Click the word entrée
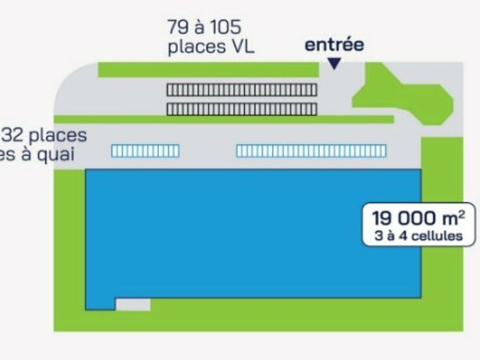tap(334, 45)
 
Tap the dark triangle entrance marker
tap(334, 63)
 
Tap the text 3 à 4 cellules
tap(419, 236)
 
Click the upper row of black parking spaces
tap(241, 90)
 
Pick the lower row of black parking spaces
tap(241, 108)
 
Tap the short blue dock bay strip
tap(145, 151)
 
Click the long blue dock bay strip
tap(311, 151)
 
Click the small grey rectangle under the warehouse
tap(133, 304)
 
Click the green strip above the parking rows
tap(208, 70)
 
